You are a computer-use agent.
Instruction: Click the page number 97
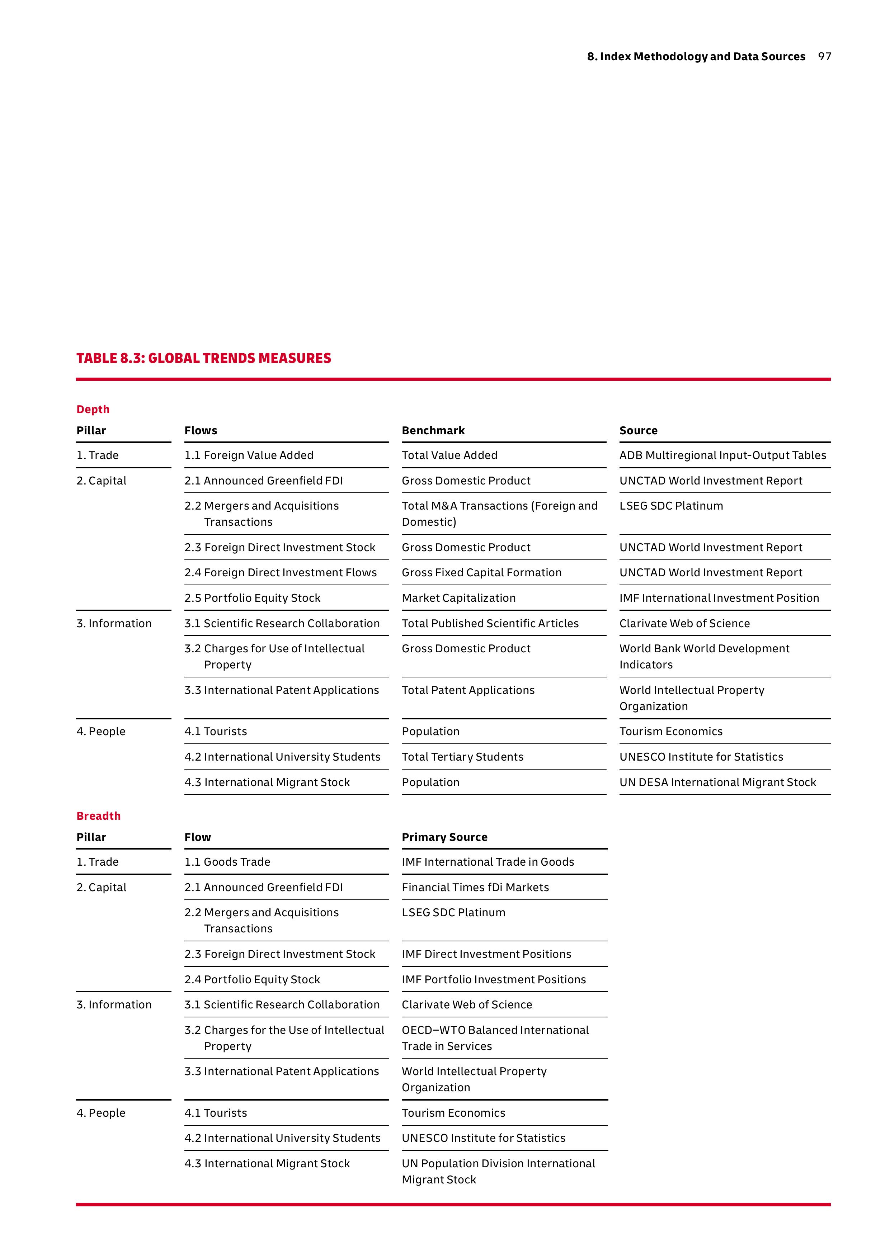[x=824, y=56]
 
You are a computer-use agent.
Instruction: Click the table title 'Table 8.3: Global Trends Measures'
[x=203, y=358]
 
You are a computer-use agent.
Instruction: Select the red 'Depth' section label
[x=93, y=409]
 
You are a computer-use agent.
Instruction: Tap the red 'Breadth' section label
[x=99, y=816]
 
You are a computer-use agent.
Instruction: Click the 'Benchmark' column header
[x=433, y=431]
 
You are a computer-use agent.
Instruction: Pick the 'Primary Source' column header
[x=444, y=837]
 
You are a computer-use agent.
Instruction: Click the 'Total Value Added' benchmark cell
[x=449, y=455]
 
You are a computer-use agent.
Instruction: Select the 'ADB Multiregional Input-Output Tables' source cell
[x=722, y=455]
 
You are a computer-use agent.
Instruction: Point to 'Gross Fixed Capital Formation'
[x=481, y=573]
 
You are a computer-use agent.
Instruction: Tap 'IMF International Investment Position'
[x=719, y=598]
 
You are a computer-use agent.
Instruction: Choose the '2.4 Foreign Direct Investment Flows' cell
[x=281, y=573]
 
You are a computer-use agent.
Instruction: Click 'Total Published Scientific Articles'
[x=490, y=624]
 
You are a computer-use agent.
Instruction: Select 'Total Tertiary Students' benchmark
[x=462, y=757]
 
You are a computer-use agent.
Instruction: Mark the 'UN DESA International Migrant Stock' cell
[x=717, y=782]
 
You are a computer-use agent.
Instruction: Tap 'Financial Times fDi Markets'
[x=475, y=887]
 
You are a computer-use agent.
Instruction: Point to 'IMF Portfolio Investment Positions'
[x=493, y=980]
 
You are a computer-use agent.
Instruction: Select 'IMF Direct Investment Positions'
[x=486, y=954]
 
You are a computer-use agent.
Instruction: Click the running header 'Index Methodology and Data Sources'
[x=702, y=56]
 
